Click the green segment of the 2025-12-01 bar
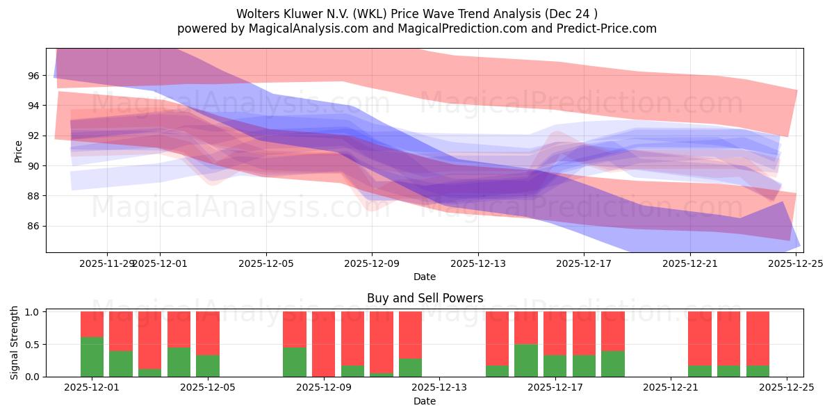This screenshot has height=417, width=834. pos(92,357)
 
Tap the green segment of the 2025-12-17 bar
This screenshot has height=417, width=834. pos(555,366)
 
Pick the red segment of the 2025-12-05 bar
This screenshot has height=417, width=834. pos(208,333)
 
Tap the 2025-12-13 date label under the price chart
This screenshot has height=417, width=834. pos(478,263)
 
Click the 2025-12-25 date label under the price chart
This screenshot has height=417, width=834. pos(796,263)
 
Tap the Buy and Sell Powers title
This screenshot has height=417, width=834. pos(425,298)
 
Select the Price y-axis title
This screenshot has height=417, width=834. pos(19,151)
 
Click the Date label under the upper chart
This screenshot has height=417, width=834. pos(425,277)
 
